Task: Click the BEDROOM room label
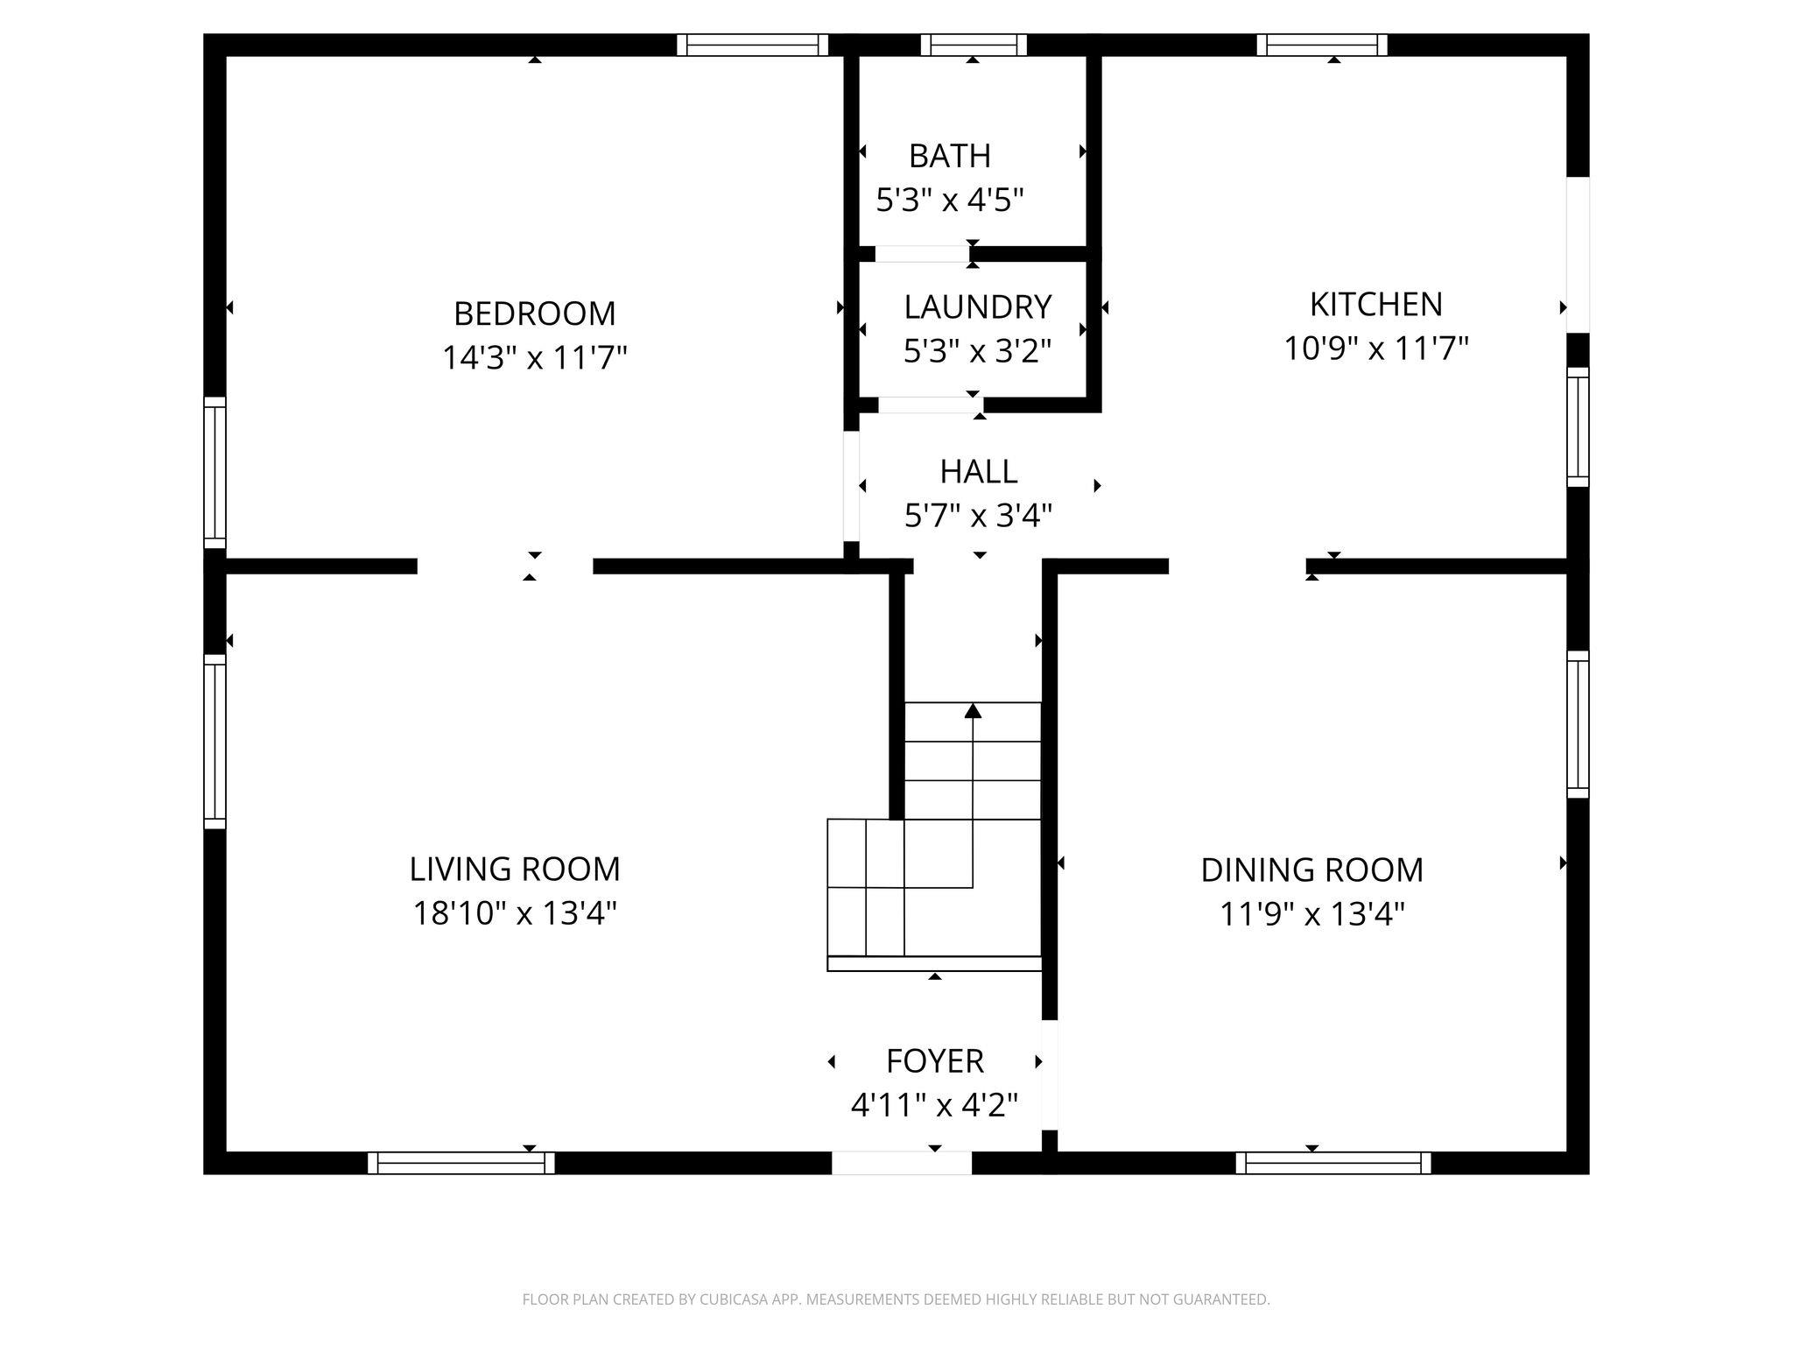(x=534, y=313)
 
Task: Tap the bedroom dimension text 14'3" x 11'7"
(x=534, y=358)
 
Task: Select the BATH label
(x=950, y=156)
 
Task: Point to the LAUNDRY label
(x=977, y=307)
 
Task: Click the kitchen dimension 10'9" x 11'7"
(x=1375, y=349)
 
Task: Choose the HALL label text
(x=978, y=472)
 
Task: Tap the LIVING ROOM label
(x=515, y=870)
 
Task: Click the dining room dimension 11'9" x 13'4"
(x=1311, y=914)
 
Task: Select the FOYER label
(x=934, y=1061)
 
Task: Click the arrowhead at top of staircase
(x=973, y=710)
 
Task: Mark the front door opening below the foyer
(x=901, y=1163)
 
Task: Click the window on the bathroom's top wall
(x=973, y=45)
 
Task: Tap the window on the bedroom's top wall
(x=752, y=45)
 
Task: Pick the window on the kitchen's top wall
(x=1322, y=45)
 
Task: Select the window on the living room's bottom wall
(x=461, y=1163)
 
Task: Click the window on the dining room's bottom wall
(x=1333, y=1163)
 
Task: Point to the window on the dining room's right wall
(x=1578, y=724)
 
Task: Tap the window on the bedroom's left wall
(x=214, y=473)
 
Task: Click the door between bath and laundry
(x=922, y=254)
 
